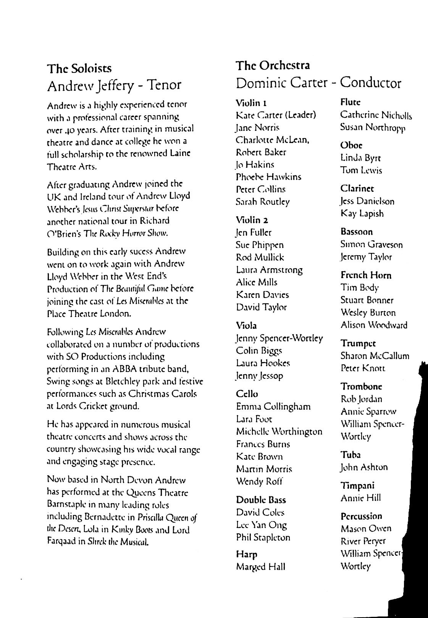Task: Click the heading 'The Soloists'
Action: (x=79, y=69)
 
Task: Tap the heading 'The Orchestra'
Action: (x=273, y=65)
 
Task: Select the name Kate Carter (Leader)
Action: (x=276, y=115)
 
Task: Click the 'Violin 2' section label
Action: (x=252, y=220)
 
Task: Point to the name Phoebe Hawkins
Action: (x=269, y=177)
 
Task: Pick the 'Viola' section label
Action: (x=247, y=325)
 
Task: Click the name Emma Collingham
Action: (x=273, y=407)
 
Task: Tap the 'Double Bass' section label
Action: (x=261, y=500)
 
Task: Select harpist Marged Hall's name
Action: (x=261, y=566)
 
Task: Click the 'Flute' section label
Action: (x=350, y=102)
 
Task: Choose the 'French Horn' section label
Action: (x=366, y=275)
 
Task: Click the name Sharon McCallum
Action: (x=375, y=356)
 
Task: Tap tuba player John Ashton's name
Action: (x=364, y=467)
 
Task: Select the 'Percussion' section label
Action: (x=361, y=516)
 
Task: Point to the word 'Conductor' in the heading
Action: (x=370, y=83)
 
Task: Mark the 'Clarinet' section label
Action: (x=357, y=188)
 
